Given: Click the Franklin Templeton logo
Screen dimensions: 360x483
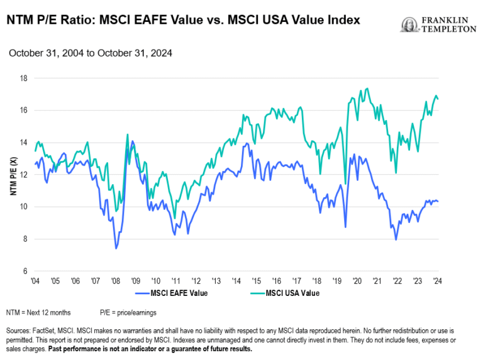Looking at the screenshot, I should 438,25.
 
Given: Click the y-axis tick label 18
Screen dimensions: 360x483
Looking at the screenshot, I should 23,79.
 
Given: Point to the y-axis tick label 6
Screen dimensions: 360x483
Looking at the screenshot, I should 25,271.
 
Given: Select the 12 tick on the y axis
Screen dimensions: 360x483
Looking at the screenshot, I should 23,175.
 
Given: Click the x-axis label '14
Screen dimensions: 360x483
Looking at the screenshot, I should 236,281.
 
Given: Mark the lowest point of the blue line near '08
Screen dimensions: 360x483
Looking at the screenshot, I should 116,249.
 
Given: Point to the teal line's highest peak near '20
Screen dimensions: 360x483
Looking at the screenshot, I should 367,89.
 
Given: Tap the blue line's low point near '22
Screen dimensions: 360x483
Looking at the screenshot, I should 396,239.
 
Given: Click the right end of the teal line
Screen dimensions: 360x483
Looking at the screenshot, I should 438,99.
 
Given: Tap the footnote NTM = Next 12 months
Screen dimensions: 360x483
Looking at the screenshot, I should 39,312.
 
